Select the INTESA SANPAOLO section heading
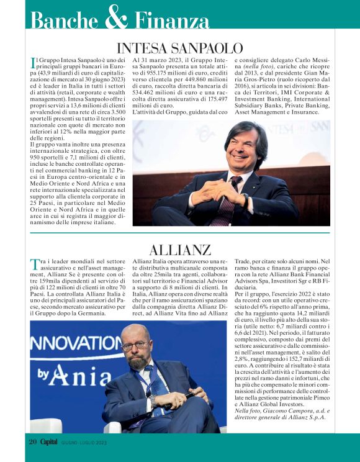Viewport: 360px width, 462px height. [179, 48]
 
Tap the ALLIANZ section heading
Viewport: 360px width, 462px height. [180, 250]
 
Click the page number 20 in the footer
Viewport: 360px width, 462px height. [33, 442]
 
